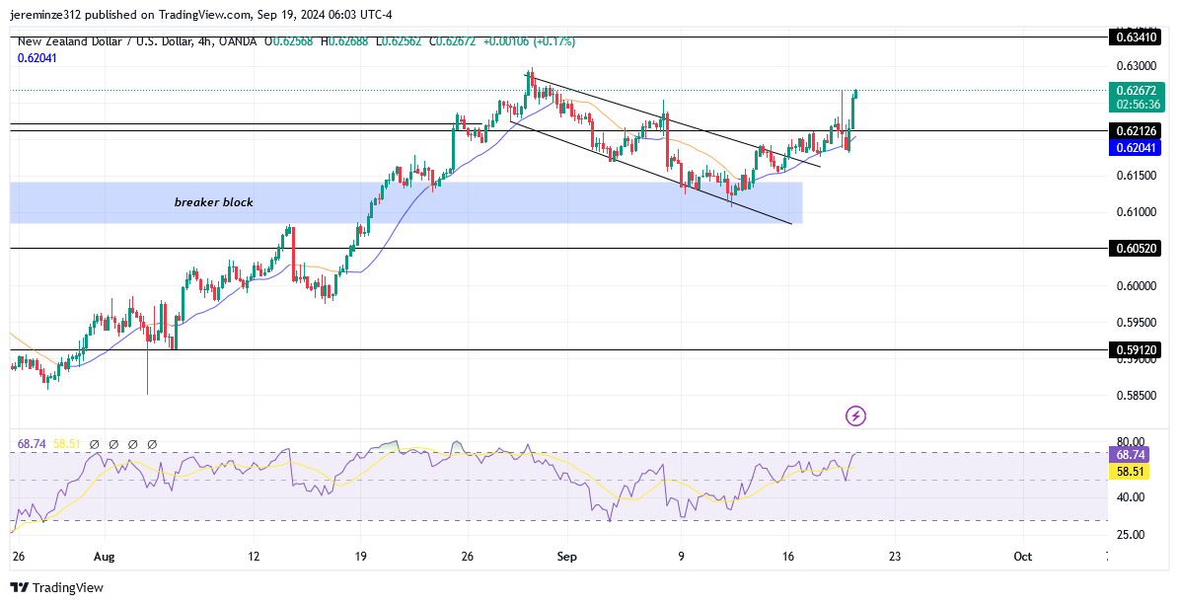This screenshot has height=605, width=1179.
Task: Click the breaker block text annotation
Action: (x=214, y=202)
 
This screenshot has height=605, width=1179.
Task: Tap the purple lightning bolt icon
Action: (x=855, y=416)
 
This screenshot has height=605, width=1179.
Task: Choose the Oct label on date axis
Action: (x=1023, y=556)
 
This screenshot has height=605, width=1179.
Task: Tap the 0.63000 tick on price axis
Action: (x=1137, y=66)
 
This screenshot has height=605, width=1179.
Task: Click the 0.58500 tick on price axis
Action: (x=1137, y=396)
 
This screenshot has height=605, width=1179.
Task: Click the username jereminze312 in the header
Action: (x=49, y=15)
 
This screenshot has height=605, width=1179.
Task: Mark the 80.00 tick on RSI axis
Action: (x=1131, y=442)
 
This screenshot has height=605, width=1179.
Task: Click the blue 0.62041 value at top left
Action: (x=37, y=58)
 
